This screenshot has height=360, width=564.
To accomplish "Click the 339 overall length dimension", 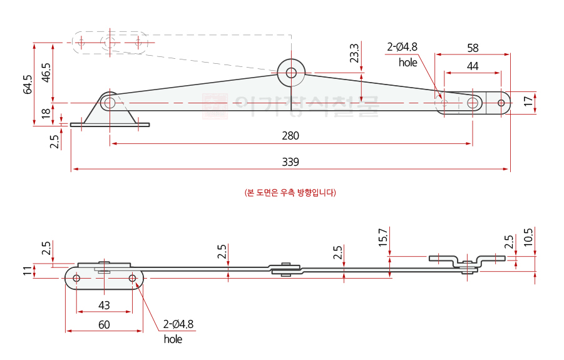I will pos(290,162).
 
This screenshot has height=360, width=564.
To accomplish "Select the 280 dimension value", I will pos(290,136).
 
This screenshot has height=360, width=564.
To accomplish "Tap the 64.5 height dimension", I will pos(28,85).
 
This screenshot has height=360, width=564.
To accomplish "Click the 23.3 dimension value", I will pos(354,53).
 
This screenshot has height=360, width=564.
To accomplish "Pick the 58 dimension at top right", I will pos(473,48).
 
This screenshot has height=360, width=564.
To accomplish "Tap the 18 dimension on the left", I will pos(46,113).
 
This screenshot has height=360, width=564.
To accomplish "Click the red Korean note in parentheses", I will pos(290,192).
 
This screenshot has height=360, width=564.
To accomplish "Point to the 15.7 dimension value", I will pos(383,238).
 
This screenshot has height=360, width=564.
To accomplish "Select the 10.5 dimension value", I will pos(529,238).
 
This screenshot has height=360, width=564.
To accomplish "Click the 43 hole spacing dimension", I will pos(104,305).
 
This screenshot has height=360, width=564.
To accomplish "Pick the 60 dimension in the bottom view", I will pos(104,324).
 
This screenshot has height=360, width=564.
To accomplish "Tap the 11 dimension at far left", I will pos(26,271).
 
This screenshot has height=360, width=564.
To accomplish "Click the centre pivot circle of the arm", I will pos(291,72).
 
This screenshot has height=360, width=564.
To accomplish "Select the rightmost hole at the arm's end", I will pos(501,103).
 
